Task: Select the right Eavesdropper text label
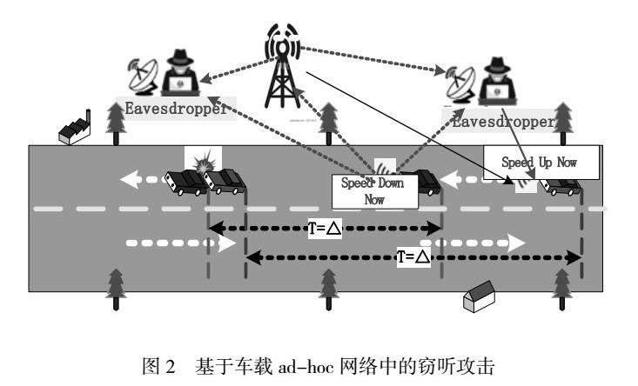pos(502,121)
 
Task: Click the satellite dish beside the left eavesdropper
pos(138,76)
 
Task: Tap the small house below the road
pos(477,299)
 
